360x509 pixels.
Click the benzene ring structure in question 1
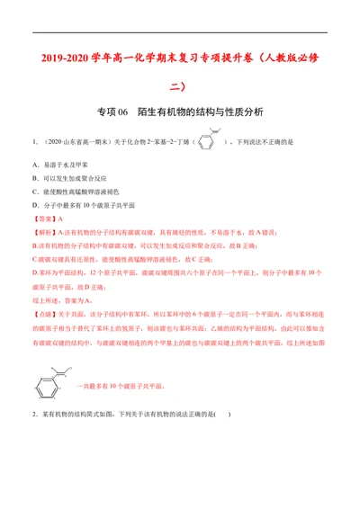coord(206,141)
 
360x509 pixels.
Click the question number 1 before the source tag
coord(33,142)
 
